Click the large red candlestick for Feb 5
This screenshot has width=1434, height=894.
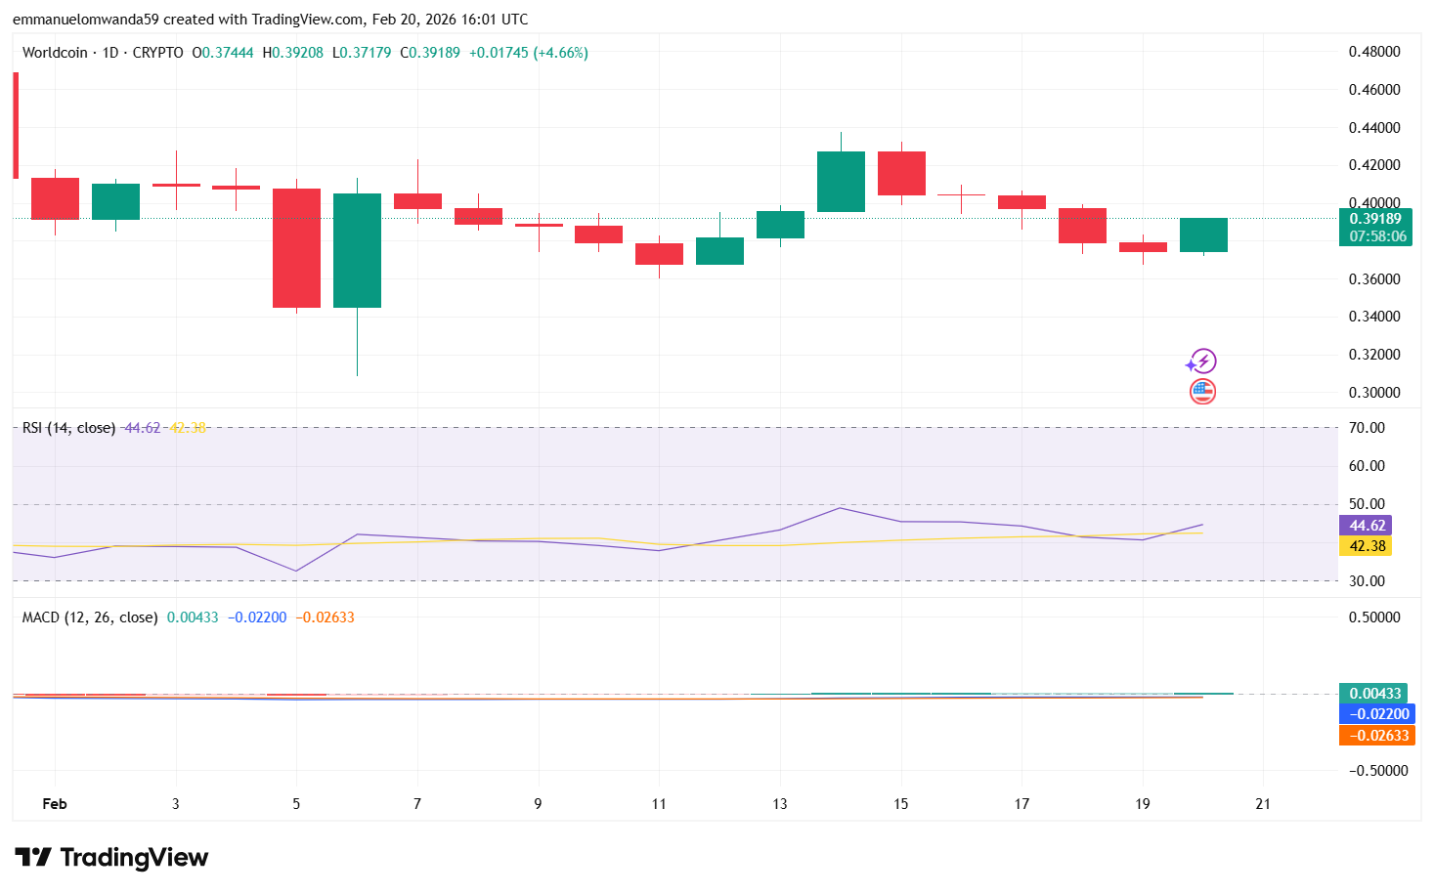(296, 248)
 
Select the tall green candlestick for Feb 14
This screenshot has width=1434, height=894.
(841, 182)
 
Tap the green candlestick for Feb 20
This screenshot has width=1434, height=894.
(1203, 235)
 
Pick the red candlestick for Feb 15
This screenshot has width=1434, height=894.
(901, 173)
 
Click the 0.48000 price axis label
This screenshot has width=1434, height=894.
(1374, 52)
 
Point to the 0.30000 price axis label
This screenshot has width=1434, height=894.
(1374, 393)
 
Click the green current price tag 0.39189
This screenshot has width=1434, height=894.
(1375, 219)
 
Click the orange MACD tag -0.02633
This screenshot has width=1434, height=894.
(1376, 736)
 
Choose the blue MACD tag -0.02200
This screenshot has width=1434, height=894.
(1376, 714)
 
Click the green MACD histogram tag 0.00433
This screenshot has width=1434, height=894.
(1373, 694)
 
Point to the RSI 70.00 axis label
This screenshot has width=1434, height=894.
(1367, 428)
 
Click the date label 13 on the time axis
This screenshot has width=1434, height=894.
(779, 804)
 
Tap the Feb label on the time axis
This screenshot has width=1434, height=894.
(55, 804)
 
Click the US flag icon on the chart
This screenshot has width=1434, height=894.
(1202, 392)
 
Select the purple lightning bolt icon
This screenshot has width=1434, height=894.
(1201, 362)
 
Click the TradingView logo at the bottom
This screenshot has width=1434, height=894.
(112, 858)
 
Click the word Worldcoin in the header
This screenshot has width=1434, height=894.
(55, 53)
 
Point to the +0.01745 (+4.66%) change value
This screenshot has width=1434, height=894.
(528, 53)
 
